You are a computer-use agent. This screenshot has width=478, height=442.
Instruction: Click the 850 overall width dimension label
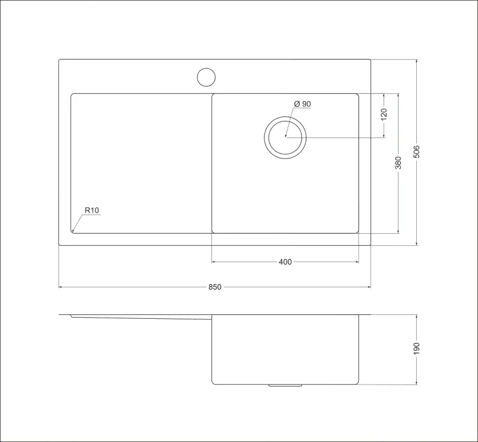(215, 287)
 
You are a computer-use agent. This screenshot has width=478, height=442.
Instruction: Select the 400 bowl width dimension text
(285, 262)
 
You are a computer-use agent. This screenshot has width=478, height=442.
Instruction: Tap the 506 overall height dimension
(416, 152)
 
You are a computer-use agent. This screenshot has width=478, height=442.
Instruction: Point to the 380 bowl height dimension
(398, 162)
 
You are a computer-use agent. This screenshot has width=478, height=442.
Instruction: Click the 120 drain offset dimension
(384, 114)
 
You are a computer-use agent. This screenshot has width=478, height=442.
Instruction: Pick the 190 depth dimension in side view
(416, 349)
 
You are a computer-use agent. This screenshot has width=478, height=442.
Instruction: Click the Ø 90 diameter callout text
(302, 104)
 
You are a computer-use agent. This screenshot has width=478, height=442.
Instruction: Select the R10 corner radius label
(92, 211)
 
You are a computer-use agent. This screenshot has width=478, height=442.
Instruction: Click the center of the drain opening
(285, 138)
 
